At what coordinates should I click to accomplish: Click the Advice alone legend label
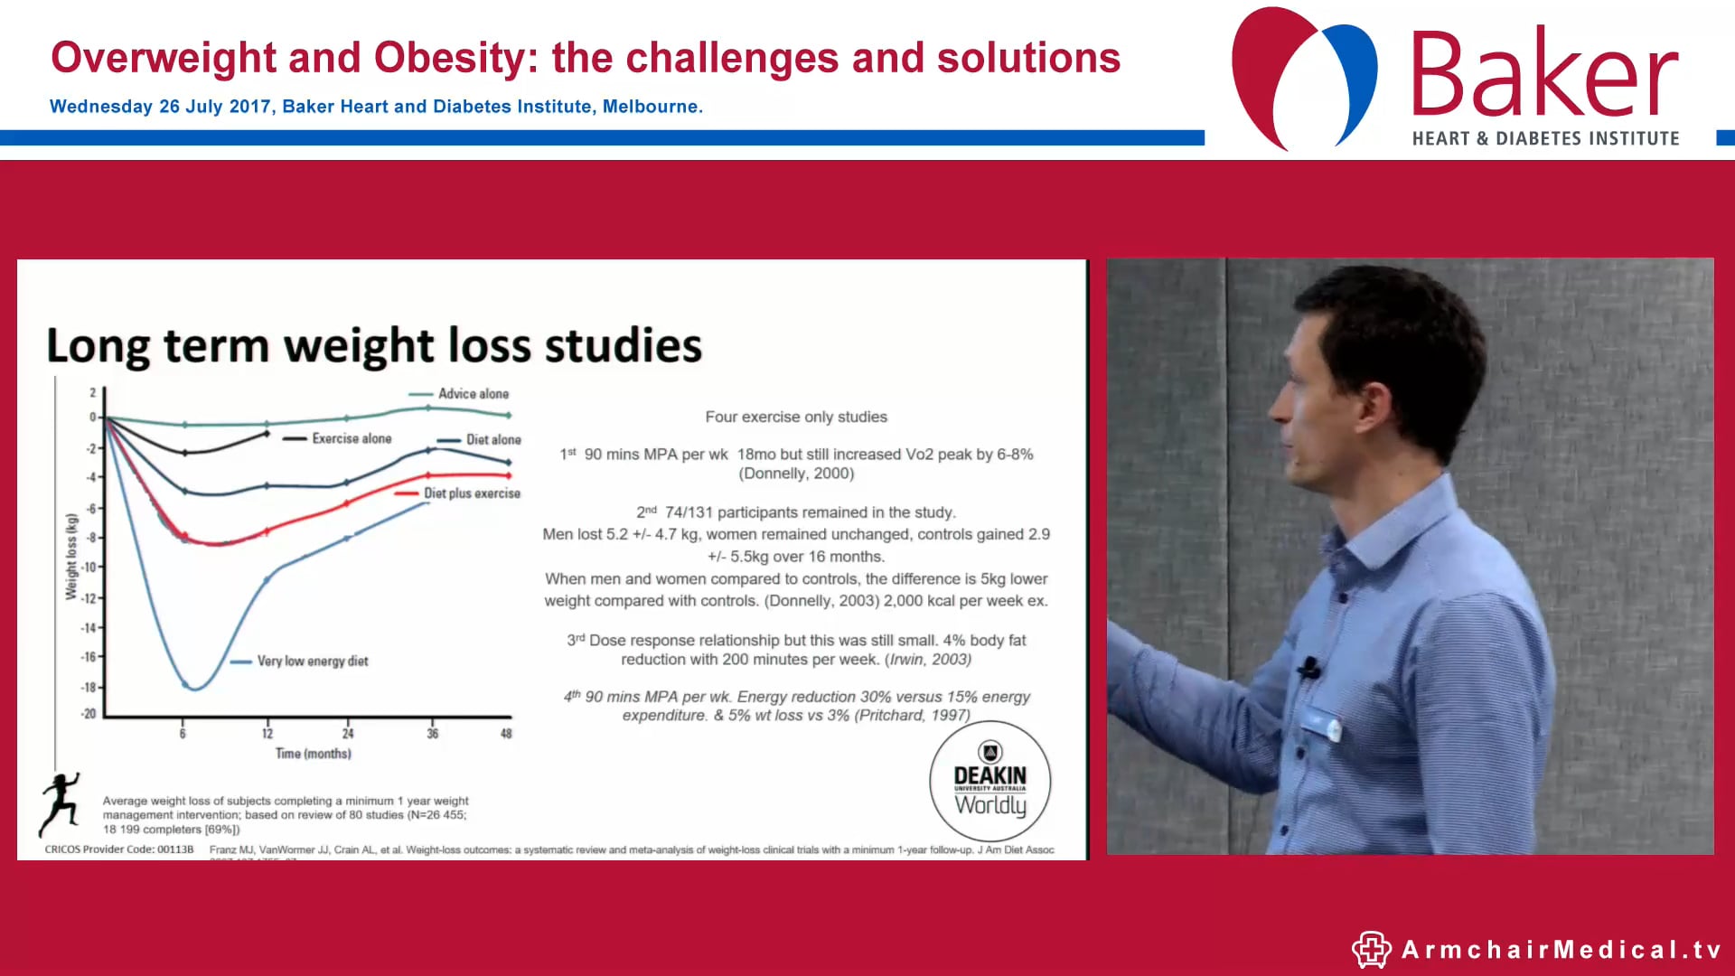click(473, 394)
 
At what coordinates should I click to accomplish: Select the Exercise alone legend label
click(352, 438)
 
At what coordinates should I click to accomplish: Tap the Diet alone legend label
click(493, 440)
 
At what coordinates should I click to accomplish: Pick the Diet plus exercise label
click(472, 493)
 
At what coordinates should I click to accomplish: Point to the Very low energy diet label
click(313, 662)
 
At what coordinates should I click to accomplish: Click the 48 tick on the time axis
click(506, 734)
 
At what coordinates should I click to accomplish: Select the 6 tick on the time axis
click(183, 734)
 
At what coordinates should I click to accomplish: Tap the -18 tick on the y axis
click(89, 687)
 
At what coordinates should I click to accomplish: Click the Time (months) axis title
click(313, 754)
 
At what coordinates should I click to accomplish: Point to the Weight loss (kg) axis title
click(71, 557)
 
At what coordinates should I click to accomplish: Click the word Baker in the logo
click(1543, 76)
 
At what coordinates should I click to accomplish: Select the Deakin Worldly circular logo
click(989, 782)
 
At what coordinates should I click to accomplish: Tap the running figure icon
click(60, 803)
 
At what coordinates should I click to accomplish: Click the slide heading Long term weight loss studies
click(374, 346)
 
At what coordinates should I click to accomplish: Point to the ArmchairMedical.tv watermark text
click(1561, 950)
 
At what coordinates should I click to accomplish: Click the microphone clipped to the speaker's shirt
click(1308, 669)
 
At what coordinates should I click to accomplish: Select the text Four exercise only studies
click(796, 418)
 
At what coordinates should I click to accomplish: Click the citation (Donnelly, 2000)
click(796, 474)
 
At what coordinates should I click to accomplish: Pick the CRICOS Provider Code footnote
click(119, 849)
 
